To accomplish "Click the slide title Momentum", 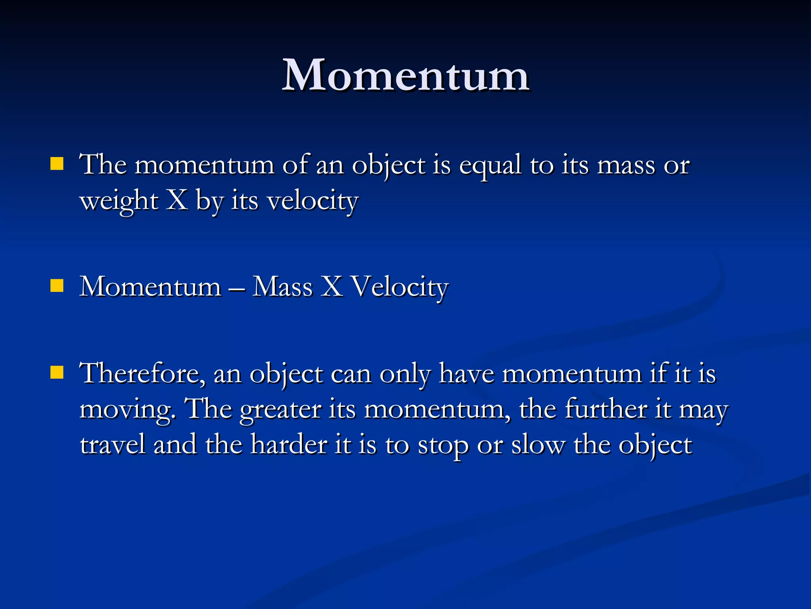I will click(x=405, y=75).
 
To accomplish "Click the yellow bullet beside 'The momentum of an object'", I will click(x=57, y=164).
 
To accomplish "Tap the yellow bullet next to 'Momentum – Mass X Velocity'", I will click(x=57, y=285).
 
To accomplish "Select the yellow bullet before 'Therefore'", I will click(x=57, y=373).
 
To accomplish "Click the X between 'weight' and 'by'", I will click(x=177, y=200).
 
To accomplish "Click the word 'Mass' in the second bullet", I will click(x=282, y=286).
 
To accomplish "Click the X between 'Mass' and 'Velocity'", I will click(x=332, y=286).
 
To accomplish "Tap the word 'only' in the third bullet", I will click(x=405, y=374).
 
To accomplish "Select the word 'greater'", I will click(x=280, y=410).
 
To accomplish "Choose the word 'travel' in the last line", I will click(x=112, y=444).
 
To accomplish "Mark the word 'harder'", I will click(x=289, y=444).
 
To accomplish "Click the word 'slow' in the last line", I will click(x=538, y=444).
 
